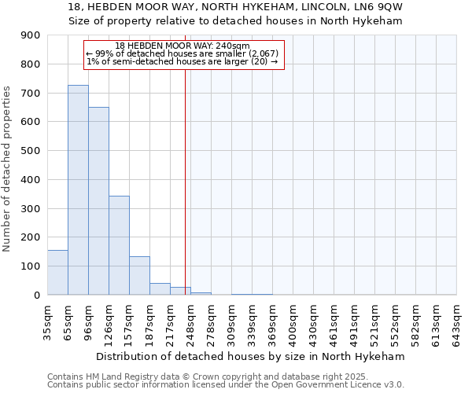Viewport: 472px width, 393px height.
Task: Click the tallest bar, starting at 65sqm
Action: pyautogui.click(x=78, y=189)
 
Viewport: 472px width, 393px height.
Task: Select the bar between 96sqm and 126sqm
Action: pyautogui.click(x=98, y=200)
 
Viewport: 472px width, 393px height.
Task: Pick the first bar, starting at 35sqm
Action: pyautogui.click(x=57, y=272)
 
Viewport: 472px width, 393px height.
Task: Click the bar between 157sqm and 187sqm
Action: pyautogui.click(x=139, y=275)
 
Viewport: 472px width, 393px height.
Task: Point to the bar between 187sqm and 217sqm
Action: pyautogui.click(x=160, y=288)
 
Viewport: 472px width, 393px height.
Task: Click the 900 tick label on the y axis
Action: pyautogui.click(x=30, y=35)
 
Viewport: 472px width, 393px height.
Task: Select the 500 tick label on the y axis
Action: pyautogui.click(x=30, y=151)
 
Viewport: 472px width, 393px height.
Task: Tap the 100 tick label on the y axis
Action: pyautogui.click(x=30, y=266)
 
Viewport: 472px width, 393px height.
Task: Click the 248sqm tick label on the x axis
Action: pyautogui.click(x=190, y=322)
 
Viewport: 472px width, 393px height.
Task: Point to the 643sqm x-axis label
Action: pyautogui.click(x=456, y=322)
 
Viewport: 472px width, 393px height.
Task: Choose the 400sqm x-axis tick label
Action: pyautogui.click(x=293, y=322)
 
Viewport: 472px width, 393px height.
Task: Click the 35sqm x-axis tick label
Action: pyautogui.click(x=47, y=322)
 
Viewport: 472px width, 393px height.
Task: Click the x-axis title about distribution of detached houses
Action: pyautogui.click(x=252, y=356)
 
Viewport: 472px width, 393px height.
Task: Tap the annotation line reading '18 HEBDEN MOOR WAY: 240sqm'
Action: pyautogui.click(x=183, y=46)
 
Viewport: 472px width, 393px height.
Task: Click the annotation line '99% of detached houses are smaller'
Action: pyautogui.click(x=183, y=53)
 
